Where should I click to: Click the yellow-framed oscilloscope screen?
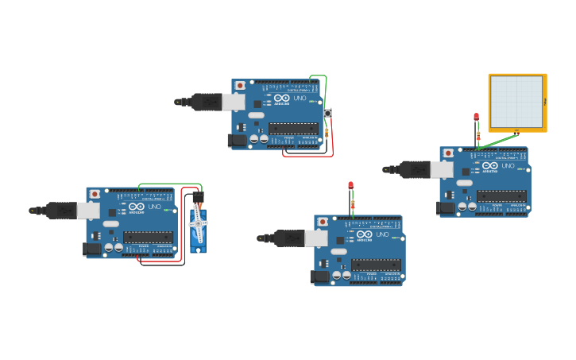coord(516,102)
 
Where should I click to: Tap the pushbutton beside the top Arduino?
coord(327,114)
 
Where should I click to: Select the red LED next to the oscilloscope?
coord(477,117)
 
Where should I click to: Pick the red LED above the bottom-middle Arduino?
coord(350,185)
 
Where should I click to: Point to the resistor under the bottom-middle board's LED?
coord(353,204)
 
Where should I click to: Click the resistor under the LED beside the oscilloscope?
coord(478,136)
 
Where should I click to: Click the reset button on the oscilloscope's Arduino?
coord(449,153)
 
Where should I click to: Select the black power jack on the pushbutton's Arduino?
coord(237,141)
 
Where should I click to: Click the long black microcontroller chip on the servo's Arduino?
coord(149,237)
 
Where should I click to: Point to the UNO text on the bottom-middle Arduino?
coord(382,234)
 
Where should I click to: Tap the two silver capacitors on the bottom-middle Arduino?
coord(341,275)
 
